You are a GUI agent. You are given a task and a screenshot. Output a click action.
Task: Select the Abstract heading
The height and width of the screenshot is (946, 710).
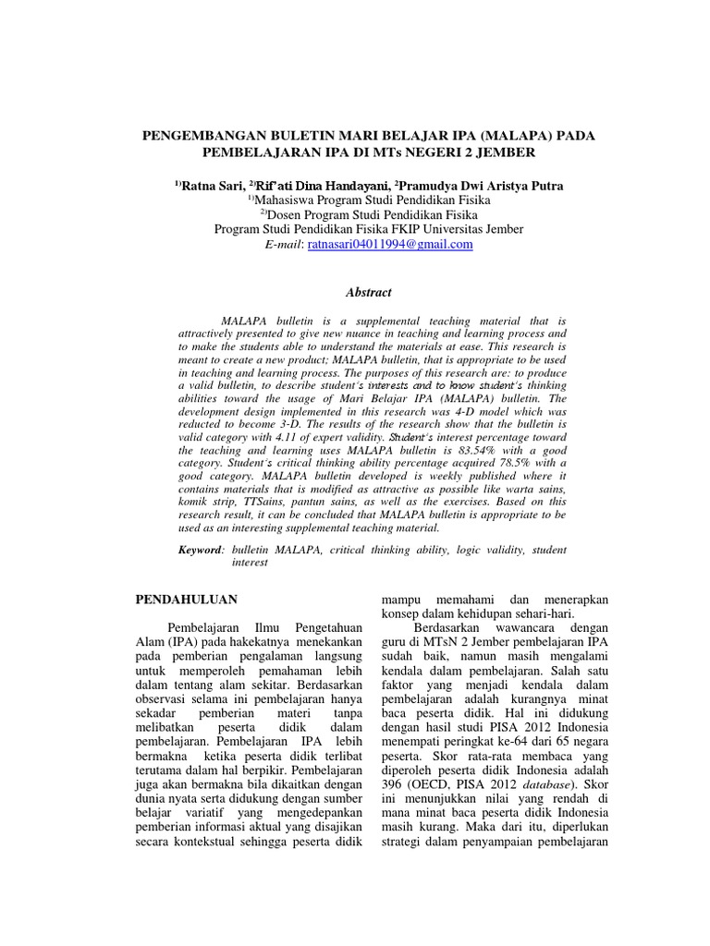[368, 292]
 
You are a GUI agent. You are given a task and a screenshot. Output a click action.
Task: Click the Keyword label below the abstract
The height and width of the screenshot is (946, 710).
[201, 550]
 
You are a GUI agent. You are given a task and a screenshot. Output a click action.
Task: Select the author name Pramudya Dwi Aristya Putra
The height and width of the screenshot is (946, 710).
[481, 186]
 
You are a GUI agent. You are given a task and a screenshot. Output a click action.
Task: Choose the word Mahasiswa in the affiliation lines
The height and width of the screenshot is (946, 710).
[288, 200]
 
